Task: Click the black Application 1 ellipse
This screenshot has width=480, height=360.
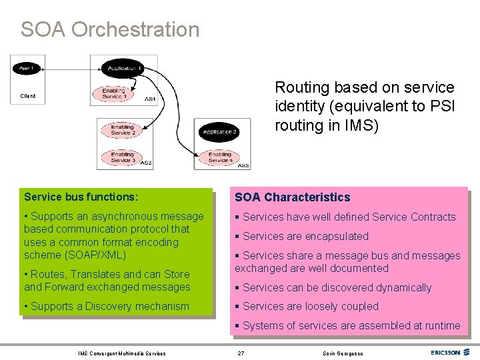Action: (122, 67)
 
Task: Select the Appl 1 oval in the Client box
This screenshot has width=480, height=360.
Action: (27, 68)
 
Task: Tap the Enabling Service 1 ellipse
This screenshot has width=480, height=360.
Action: (113, 93)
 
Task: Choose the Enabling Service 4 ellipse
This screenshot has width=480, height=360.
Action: (220, 157)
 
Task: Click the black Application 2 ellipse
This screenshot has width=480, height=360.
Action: (221, 131)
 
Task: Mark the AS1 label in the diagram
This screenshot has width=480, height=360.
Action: (151, 99)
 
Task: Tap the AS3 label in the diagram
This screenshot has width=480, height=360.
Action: (243, 165)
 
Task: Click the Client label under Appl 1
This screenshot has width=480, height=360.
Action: (27, 96)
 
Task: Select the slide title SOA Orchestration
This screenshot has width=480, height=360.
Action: (110, 29)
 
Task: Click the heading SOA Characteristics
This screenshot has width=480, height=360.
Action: (292, 197)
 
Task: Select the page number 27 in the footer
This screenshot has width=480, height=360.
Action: (241, 353)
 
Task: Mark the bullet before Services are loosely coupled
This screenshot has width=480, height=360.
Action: (237, 307)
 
